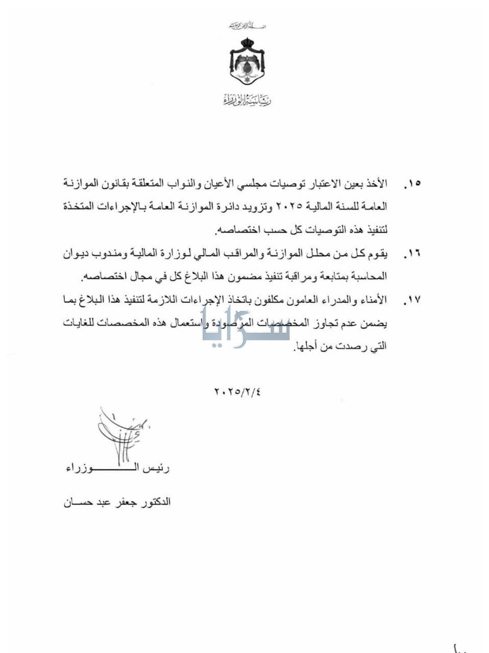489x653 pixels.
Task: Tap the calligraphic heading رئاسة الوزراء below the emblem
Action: pos(248,100)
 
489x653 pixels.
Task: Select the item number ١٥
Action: pos(412,183)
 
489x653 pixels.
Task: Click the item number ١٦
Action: pos(412,254)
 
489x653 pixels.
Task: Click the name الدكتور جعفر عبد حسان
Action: pos(117,502)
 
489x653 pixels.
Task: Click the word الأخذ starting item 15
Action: pos(377,183)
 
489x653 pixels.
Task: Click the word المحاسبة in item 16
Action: pos(368,277)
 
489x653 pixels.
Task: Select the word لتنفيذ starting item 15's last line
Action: pos(376,230)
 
